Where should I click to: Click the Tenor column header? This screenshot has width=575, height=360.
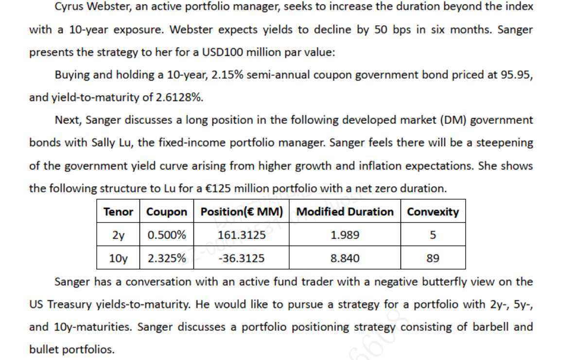[x=118, y=212]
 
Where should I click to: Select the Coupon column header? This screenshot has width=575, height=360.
[x=167, y=212]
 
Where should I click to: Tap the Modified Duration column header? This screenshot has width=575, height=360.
[x=345, y=212]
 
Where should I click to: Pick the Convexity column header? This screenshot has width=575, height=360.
[x=433, y=212]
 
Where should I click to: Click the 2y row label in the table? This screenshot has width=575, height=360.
[x=118, y=235]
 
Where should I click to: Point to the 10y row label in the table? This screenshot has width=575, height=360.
[x=118, y=258]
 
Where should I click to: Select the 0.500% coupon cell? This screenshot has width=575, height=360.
[x=167, y=235]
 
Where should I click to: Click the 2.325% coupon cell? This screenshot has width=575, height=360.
[x=167, y=258]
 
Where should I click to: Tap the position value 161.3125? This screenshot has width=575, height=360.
[x=242, y=235]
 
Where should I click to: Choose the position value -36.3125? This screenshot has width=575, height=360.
[x=242, y=258]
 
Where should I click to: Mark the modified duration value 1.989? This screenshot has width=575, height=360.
[x=345, y=235]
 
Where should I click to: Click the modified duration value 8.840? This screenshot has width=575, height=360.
[x=345, y=258]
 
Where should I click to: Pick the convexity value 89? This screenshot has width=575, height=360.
[x=433, y=258]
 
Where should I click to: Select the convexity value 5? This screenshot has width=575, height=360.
[x=433, y=235]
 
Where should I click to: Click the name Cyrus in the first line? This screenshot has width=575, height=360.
[x=68, y=7]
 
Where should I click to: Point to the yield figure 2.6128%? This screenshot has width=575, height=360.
[x=179, y=97]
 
